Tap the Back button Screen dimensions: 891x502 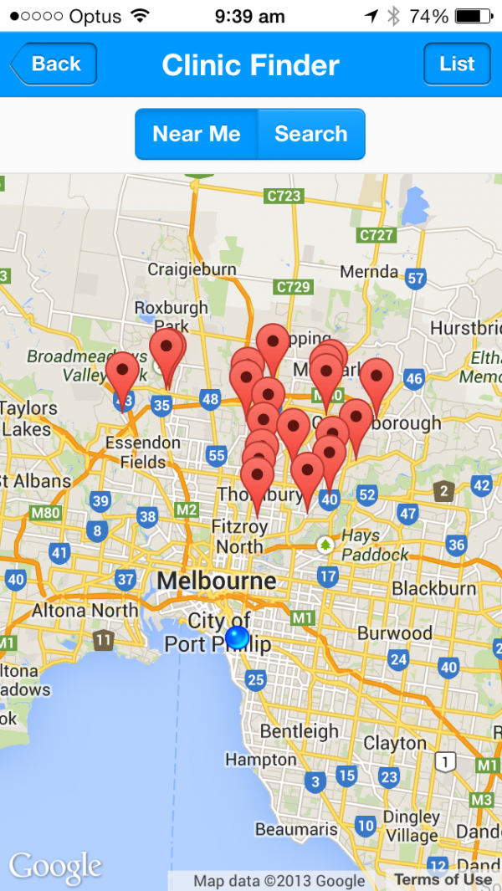tap(54, 64)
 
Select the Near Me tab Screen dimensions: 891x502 tap(197, 134)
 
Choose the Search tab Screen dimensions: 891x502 tap(310, 134)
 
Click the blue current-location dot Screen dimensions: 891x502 tap(238, 638)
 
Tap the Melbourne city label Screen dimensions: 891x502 tap(216, 581)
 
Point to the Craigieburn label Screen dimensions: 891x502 tap(192, 269)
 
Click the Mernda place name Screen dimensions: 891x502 tap(369, 272)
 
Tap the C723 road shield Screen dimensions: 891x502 tap(283, 196)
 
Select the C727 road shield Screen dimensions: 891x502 tap(376, 235)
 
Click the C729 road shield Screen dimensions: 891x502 tap(293, 287)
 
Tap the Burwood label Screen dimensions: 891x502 tap(395, 632)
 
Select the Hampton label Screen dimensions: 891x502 tap(261, 760)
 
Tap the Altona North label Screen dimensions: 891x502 tap(85, 611)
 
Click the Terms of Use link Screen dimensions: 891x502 tap(443, 879)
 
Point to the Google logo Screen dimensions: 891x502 tap(55, 868)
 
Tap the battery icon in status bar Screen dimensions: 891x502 tap(473, 16)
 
